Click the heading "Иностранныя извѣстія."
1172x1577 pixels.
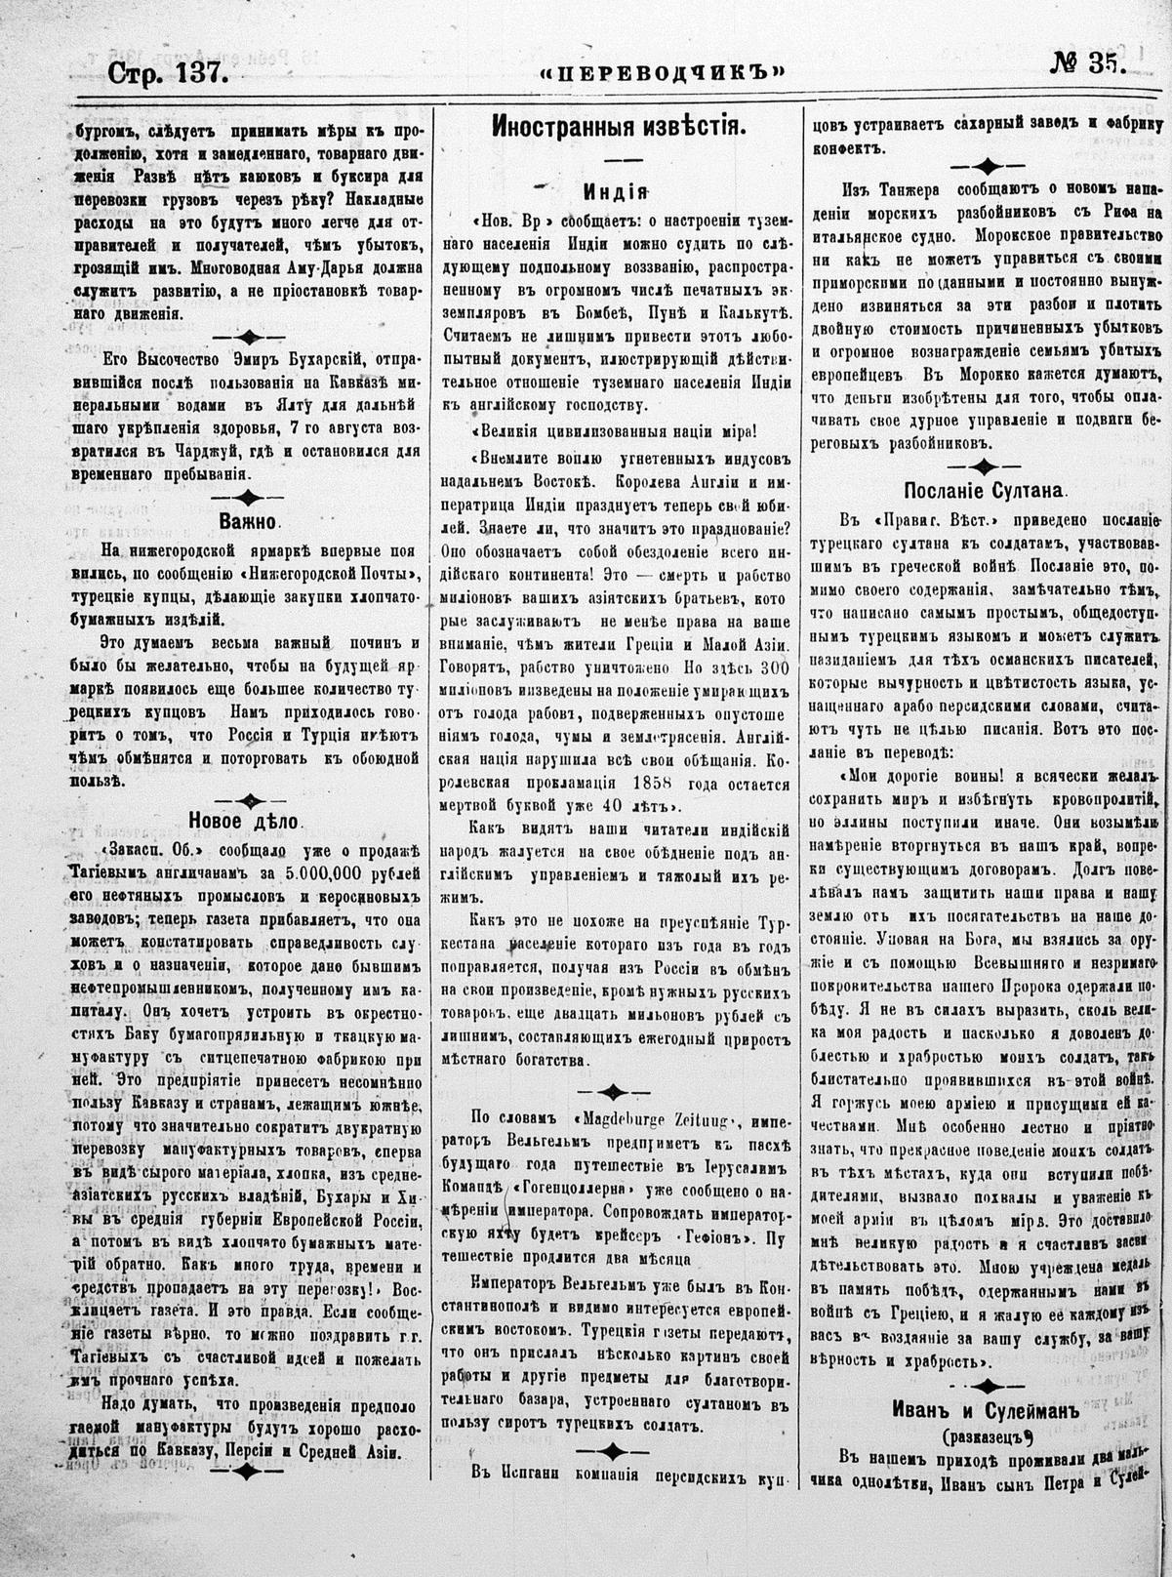tap(619, 126)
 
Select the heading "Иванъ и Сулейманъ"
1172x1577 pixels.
tap(988, 1408)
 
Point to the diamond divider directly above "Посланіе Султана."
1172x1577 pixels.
tap(988, 465)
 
